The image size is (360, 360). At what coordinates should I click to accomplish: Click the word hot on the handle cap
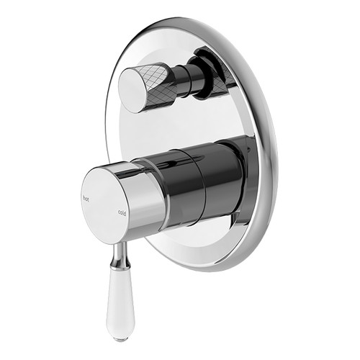tap(86, 197)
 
